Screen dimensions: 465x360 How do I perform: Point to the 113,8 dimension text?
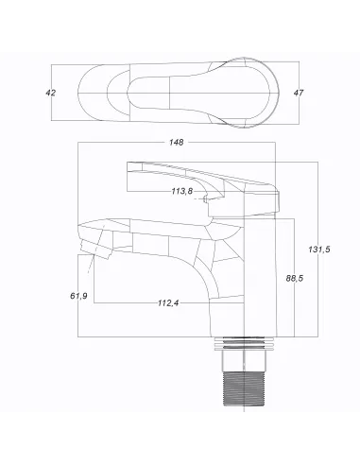click(182, 191)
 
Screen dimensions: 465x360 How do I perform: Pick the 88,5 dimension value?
click(293, 279)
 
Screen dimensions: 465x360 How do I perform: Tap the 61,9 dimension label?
click(80, 297)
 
